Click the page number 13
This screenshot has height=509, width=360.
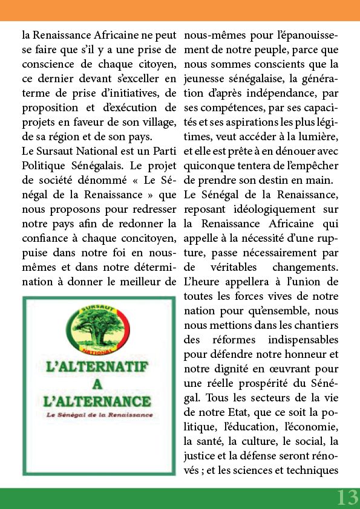point(347,497)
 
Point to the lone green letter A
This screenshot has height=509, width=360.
point(98,383)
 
